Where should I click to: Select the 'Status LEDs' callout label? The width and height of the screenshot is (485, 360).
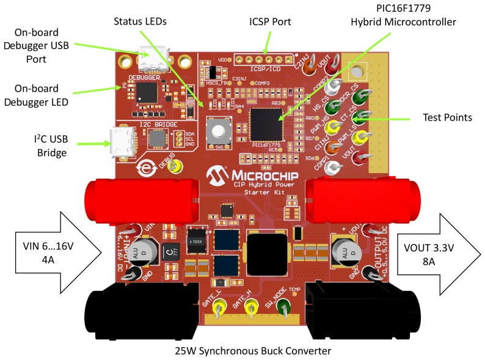(140, 21)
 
